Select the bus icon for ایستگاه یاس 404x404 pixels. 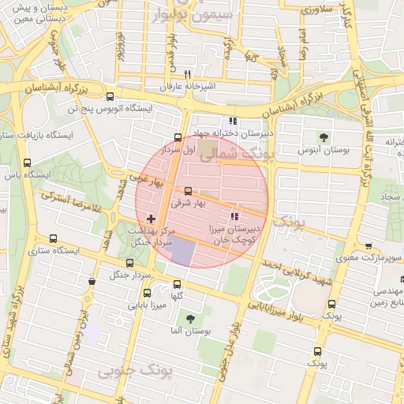click(x=28, y=163)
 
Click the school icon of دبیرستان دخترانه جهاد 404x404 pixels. click(x=232, y=122)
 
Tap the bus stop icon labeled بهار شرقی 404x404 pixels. click(x=188, y=191)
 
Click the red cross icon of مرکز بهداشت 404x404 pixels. click(x=151, y=217)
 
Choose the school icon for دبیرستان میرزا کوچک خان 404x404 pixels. click(x=233, y=216)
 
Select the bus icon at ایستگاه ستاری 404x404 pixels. click(x=54, y=238)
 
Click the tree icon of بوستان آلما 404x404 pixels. click(x=189, y=319)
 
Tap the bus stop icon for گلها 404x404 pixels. click(x=177, y=283)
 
